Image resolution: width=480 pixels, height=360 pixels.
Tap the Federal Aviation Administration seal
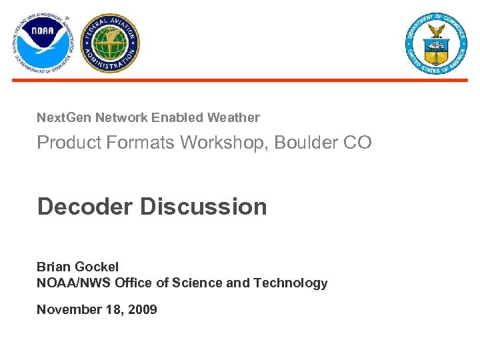tap(110, 43)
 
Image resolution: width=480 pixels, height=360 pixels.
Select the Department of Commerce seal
tap(436, 43)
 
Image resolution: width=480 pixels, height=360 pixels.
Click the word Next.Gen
tap(64, 118)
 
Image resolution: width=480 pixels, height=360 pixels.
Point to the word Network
tap(121, 118)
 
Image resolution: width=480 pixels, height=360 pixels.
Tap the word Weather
tap(233, 118)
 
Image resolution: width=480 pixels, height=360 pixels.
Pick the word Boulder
tap(308, 143)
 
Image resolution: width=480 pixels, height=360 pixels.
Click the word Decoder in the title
tap(85, 207)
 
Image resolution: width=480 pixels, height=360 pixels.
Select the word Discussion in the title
tap(203, 207)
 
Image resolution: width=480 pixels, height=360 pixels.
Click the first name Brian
tap(53, 267)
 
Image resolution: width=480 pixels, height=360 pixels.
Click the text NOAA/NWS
tap(73, 283)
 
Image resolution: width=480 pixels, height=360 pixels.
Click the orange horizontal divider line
tap(240, 80)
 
